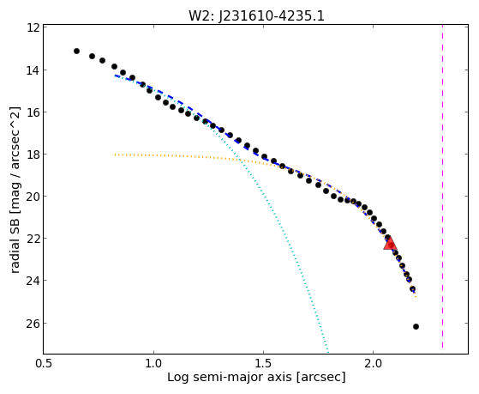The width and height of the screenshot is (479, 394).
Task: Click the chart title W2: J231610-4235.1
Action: tap(256, 15)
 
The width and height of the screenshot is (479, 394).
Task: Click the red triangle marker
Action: tap(390, 244)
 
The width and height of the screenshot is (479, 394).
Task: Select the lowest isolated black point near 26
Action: tap(416, 327)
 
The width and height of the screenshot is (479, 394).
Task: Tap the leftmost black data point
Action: tap(76, 52)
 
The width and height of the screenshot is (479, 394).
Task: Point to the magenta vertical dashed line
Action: tap(442, 188)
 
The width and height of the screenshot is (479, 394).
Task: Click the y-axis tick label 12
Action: tap(33, 28)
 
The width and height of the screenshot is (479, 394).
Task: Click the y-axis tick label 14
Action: tap(33, 70)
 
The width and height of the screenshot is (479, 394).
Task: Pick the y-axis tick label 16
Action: tap(33, 112)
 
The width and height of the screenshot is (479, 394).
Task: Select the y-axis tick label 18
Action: tap(33, 155)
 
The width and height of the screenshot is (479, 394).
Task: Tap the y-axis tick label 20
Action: tap(33, 197)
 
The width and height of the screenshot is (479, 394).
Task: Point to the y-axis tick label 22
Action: tap(33, 238)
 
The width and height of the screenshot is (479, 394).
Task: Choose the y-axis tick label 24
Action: tap(33, 281)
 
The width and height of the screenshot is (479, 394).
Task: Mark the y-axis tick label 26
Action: tap(33, 324)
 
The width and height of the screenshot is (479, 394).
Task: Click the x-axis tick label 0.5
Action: tap(44, 363)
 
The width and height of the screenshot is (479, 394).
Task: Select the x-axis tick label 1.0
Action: tap(153, 363)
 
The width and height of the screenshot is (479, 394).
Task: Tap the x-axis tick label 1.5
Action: tap(263, 363)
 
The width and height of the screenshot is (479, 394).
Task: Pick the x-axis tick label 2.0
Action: tap(374, 363)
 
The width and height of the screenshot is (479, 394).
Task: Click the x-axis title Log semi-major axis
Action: tap(230, 378)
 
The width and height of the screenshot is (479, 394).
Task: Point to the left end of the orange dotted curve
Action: tap(115, 155)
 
